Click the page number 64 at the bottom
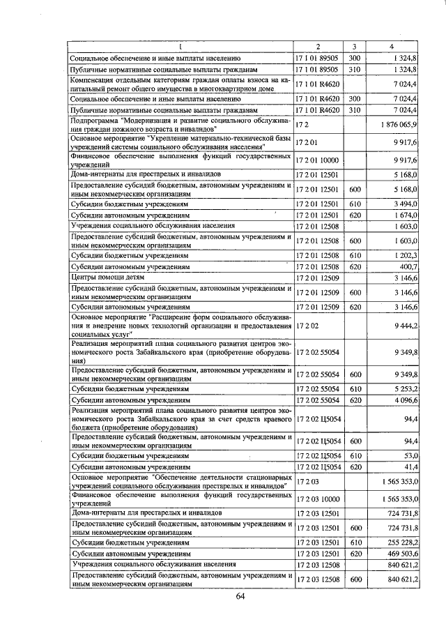pos(240,596)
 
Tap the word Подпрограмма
pos(95,120)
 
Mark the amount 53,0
pos(408,454)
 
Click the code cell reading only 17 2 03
pos(307,481)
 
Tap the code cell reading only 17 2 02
pos(307,326)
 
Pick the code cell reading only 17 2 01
pos(307,142)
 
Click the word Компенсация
pos(93,81)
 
